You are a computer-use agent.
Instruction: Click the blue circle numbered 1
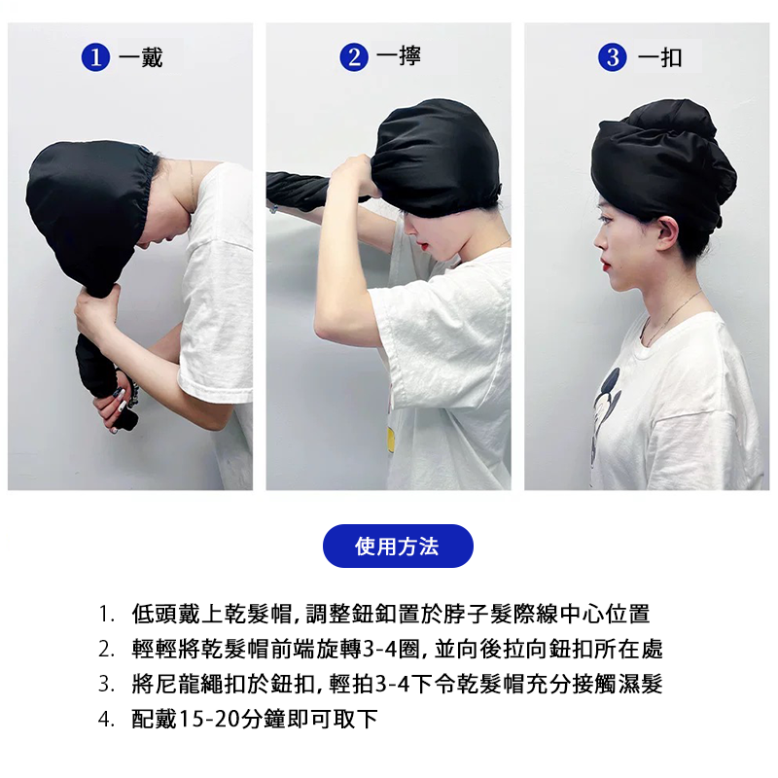95,57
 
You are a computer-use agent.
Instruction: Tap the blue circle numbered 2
354,57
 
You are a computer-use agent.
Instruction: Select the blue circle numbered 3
613,57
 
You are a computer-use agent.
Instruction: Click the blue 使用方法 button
398,546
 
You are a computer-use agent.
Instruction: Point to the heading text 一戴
141,57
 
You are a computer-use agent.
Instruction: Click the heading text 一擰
399,55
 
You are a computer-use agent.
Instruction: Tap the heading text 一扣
660,57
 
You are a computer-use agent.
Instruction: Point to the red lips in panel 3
604,264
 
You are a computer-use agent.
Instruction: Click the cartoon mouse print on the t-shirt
606,407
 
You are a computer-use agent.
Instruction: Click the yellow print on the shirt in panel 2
391,440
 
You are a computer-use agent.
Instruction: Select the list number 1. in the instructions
106,615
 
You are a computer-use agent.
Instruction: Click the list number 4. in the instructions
106,719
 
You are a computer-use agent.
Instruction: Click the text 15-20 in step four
209,719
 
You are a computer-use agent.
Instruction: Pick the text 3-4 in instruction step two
380,649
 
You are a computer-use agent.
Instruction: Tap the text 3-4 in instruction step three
393,685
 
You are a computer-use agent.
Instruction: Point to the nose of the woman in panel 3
598,241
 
